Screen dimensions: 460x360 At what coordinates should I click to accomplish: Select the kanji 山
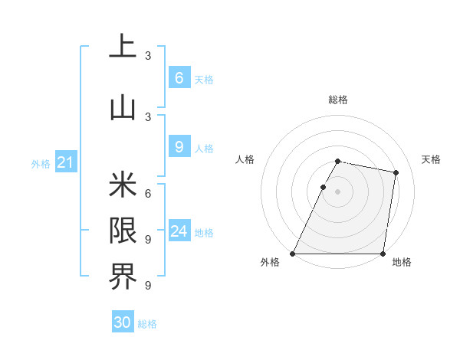123,108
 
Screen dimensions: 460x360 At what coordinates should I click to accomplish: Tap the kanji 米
123,185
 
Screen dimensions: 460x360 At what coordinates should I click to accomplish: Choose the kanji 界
123,277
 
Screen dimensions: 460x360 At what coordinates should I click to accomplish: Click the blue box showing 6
179,78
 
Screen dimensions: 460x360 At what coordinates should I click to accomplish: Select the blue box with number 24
179,232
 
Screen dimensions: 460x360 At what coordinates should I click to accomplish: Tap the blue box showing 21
65,162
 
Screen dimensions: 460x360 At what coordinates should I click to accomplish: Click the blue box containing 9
179,147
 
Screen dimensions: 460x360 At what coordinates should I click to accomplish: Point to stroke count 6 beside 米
148,193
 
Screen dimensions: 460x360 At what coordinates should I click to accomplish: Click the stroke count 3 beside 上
148,55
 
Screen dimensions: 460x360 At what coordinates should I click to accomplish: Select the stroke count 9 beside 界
148,286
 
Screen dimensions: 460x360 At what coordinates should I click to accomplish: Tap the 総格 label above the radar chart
338,100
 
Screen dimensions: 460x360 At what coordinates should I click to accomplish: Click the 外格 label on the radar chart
270,263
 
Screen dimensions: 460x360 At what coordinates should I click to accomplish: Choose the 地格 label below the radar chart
402,263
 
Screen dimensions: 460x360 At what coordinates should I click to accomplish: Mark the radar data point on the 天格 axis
396,173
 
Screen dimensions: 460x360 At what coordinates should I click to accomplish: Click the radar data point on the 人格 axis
324,187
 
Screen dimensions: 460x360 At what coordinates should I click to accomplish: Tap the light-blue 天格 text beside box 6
204,80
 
